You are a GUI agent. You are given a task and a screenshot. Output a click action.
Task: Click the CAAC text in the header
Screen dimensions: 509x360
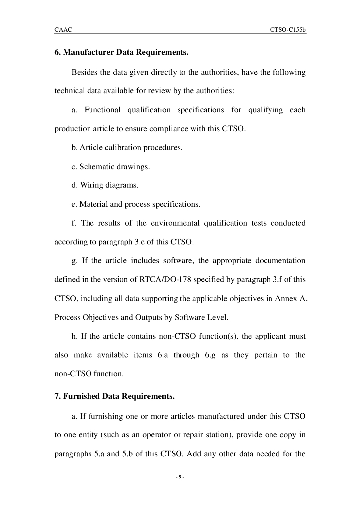pos(63,30)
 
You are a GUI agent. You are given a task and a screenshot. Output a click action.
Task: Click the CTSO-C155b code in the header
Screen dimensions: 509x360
pos(288,30)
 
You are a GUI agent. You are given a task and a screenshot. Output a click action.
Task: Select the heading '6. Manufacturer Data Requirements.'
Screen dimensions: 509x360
pos(121,52)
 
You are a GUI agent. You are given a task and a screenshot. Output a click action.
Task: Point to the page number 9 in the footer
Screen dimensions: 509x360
pos(180,477)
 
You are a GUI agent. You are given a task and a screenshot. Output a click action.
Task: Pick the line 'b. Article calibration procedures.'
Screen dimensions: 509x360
pos(127,148)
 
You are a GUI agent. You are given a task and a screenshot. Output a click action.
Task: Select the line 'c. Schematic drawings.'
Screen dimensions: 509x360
pos(110,167)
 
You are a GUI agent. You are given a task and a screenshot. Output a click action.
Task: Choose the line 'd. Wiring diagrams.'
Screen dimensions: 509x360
pos(105,185)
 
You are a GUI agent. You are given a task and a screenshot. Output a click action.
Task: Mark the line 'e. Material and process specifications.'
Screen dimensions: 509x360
pos(136,204)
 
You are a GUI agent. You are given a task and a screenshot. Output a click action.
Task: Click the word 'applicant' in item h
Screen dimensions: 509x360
pos(268,337)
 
